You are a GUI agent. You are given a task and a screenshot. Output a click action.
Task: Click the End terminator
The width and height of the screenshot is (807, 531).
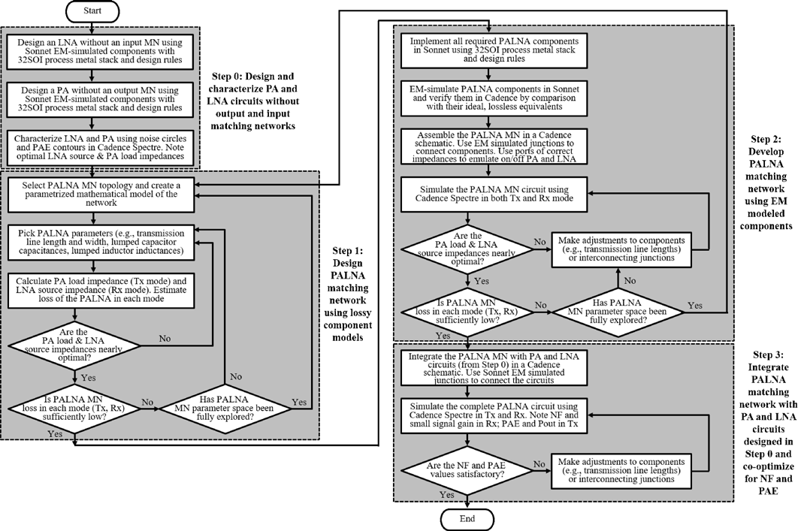click(x=468, y=519)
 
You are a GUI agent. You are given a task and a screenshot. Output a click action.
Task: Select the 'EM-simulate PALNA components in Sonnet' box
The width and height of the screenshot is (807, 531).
click(x=491, y=98)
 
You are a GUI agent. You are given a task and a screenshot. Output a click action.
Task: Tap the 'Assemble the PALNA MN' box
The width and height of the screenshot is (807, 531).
click(x=491, y=146)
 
